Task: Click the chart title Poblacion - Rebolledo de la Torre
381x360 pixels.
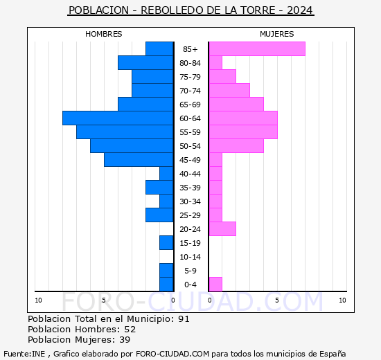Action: [x=190, y=10]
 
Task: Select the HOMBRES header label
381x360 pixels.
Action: [x=104, y=34]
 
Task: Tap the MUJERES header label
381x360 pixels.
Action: [x=276, y=34]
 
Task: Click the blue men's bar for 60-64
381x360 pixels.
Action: [x=118, y=118]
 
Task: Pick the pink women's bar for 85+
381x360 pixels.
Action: [x=256, y=48]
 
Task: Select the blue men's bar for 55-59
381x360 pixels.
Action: [x=125, y=132]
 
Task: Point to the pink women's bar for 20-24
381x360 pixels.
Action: [x=222, y=228]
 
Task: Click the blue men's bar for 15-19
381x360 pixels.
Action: [x=166, y=242]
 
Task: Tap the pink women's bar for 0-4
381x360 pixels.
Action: [x=215, y=284]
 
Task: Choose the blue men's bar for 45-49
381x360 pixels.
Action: [x=139, y=159]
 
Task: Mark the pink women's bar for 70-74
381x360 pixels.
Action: [x=229, y=90]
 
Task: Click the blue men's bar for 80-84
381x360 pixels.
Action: [x=145, y=62]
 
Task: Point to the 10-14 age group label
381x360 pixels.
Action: [x=190, y=257]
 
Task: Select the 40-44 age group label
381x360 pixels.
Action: [x=190, y=174]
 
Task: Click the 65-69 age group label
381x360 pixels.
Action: [x=190, y=105]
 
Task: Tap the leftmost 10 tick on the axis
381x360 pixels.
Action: [x=39, y=300]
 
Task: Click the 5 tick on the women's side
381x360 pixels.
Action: [x=276, y=300]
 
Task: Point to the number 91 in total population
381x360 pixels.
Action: [x=184, y=319]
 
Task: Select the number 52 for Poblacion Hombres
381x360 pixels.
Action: [x=130, y=330]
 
